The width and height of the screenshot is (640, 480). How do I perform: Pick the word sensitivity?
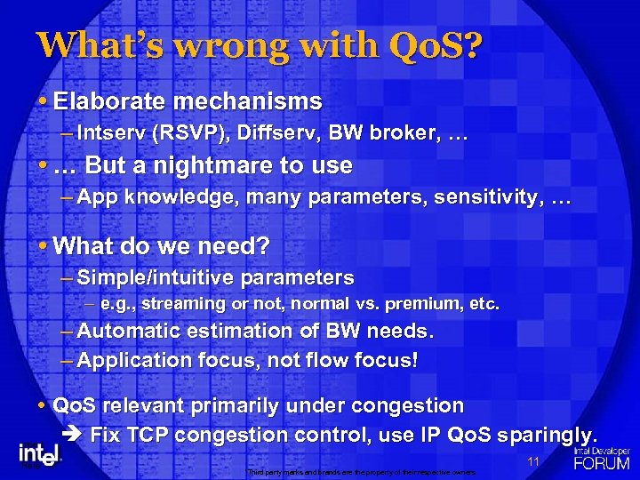pos(488,197)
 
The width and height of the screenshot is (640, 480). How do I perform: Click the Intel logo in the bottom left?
pos(41,454)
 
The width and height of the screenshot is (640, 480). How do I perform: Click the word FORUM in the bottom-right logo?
pos(602,463)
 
